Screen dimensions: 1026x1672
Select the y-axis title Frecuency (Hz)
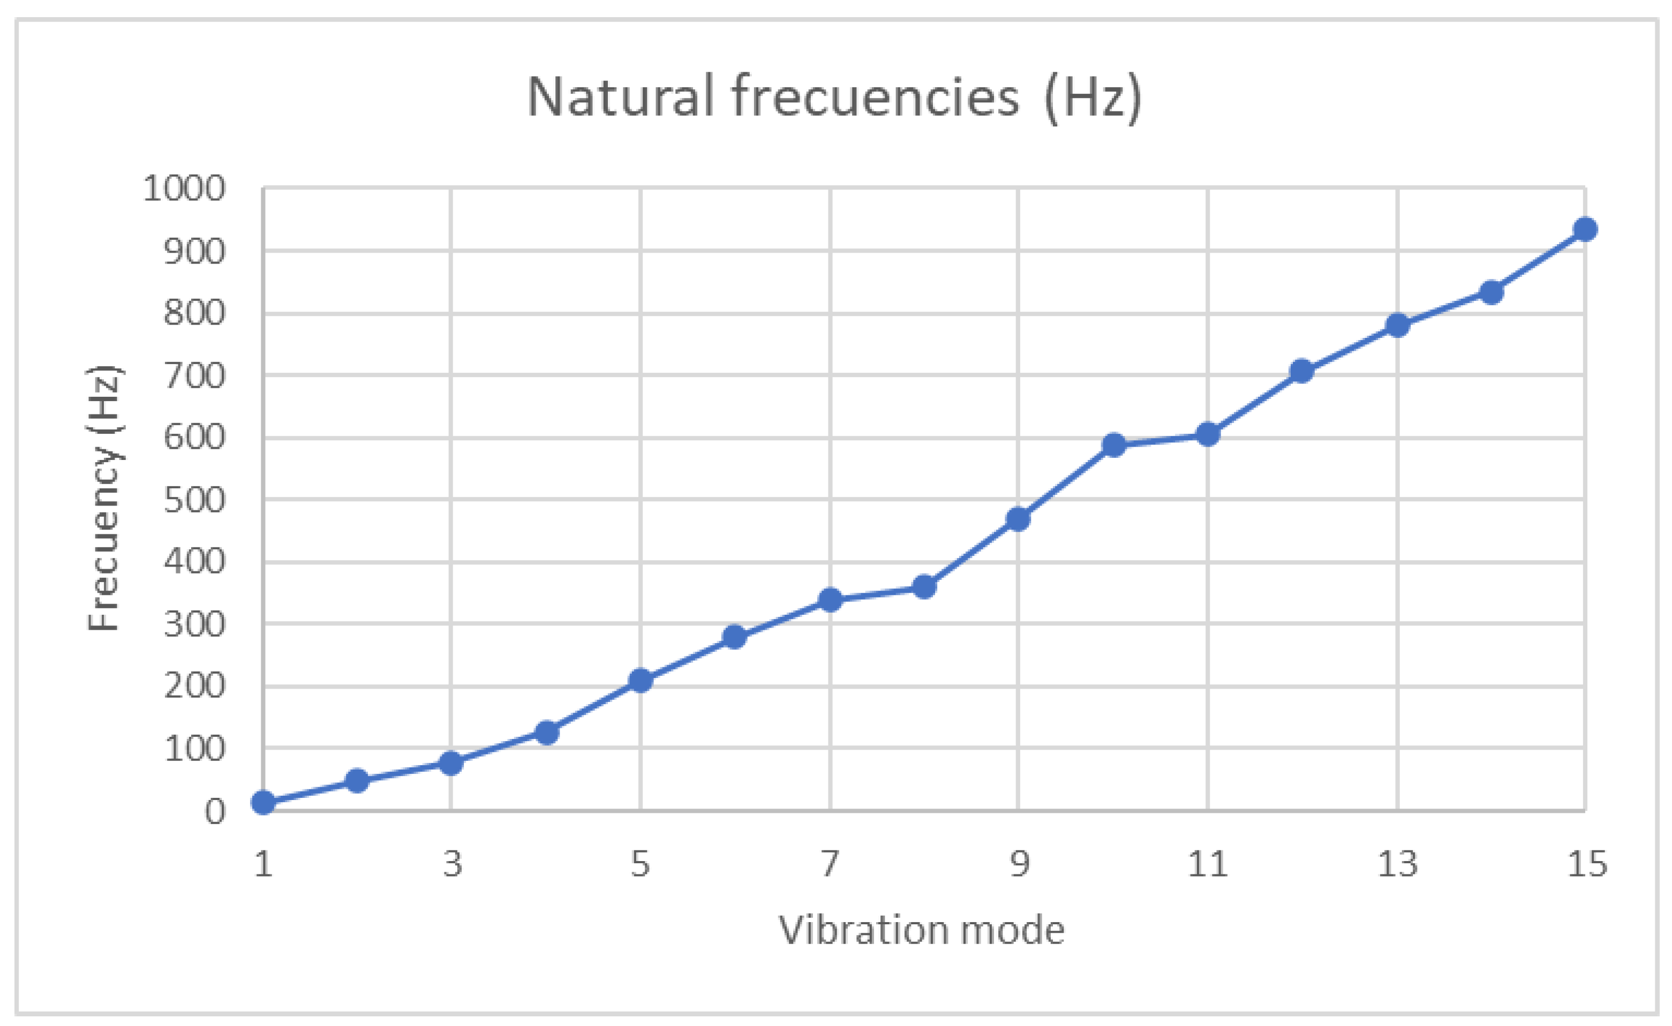pos(105,498)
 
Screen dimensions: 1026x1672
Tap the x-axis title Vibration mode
pos(922,930)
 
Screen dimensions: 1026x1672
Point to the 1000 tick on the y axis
pos(184,188)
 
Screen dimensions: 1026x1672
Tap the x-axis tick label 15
pos(1586,864)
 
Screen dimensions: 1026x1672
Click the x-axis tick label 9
pos(1019,864)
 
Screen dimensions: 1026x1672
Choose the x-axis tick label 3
pos(452,864)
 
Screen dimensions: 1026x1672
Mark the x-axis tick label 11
pos(1208,864)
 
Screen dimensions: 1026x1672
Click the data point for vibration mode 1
pos(263,803)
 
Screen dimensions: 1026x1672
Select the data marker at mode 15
pos(1585,229)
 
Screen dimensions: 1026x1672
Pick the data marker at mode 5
pos(641,681)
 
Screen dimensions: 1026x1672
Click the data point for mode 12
pos(1301,371)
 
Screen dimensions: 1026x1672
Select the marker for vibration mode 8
pos(924,587)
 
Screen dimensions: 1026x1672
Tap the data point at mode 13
pos(1397,326)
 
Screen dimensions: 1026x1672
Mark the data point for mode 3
pos(451,764)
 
